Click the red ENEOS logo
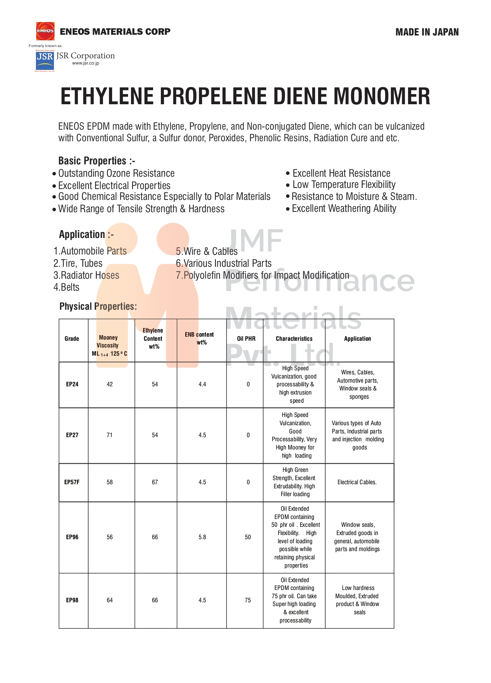pos(45,31)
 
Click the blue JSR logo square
pos(44,60)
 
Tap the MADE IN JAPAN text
pos(427,32)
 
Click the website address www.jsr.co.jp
pos(86,63)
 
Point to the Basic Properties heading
pos(96,161)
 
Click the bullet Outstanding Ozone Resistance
pos(116,173)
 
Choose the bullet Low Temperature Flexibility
pos(344,185)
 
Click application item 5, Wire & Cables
pos(206,251)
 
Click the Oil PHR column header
pos(246,339)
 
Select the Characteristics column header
pos(294,339)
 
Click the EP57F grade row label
pos(72,482)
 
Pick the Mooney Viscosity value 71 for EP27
pos(109,435)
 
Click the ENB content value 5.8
pos(202,537)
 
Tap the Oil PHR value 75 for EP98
pos(248,600)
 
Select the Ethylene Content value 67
pos(155,482)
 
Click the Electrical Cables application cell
pos(357,482)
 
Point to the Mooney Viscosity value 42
pos(109,384)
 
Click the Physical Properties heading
pos(98,306)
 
